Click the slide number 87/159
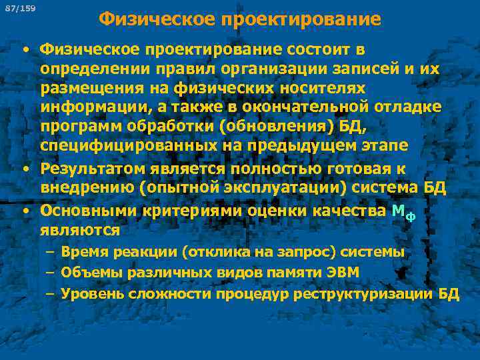click(x=25, y=8)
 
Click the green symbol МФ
click(x=403, y=213)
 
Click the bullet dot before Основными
click(x=25, y=211)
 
